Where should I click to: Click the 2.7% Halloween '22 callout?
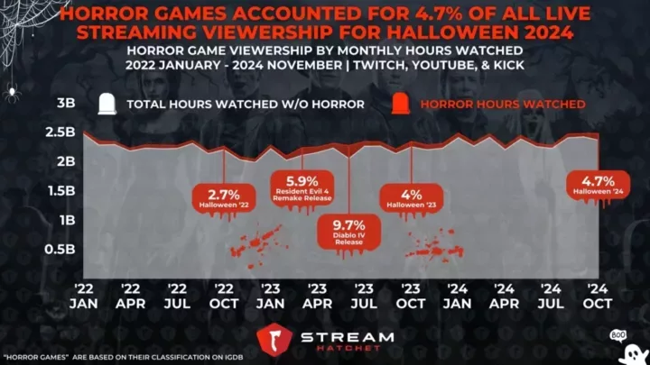(221, 199)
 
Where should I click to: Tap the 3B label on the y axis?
(66, 104)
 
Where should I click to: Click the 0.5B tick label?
(60, 249)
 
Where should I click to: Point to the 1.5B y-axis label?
(60, 190)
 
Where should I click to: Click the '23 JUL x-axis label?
(364, 295)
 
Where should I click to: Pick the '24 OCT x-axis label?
(597, 295)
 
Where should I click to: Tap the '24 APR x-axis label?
(504, 295)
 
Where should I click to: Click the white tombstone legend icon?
(107, 104)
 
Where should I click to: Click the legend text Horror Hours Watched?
(503, 105)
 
